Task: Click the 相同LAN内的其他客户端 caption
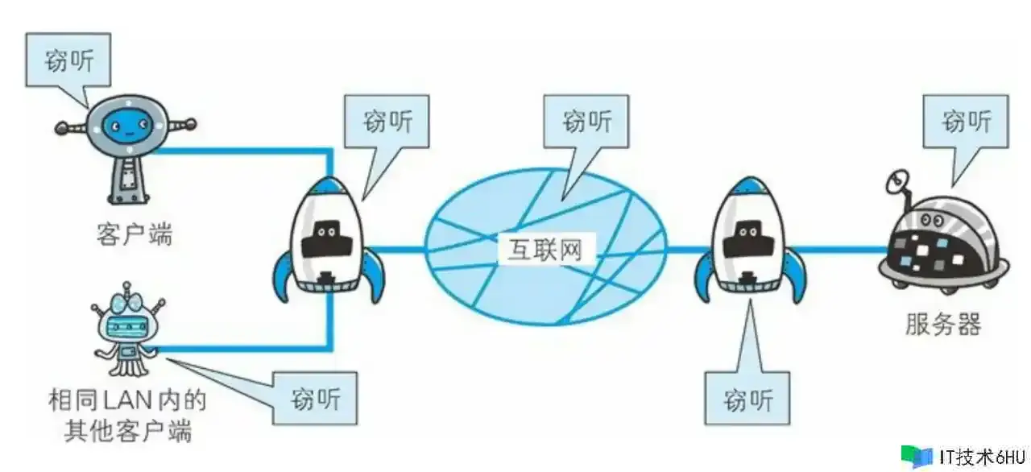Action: click(x=128, y=415)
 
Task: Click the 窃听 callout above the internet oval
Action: click(x=587, y=122)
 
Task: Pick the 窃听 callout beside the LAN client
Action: click(x=316, y=398)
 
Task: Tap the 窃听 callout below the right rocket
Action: click(x=747, y=399)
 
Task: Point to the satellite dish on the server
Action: click(x=896, y=184)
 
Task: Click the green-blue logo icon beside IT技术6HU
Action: click(x=915, y=456)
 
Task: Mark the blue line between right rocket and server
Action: click(x=842, y=250)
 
